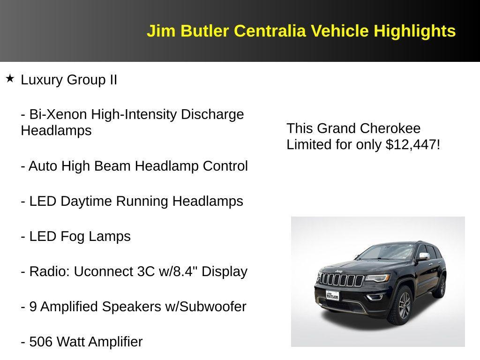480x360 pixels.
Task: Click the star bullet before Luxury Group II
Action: [x=10, y=79]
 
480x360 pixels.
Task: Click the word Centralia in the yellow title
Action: [x=270, y=31]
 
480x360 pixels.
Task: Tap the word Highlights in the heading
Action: [x=414, y=31]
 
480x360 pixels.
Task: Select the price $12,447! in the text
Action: [x=412, y=145]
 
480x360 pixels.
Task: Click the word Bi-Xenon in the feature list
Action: [x=58, y=114]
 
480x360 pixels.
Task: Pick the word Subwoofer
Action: [x=213, y=307]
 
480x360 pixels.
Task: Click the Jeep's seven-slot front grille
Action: [x=341, y=280]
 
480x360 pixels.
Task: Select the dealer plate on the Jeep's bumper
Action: [x=332, y=295]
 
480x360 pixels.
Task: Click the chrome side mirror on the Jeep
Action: [x=424, y=256]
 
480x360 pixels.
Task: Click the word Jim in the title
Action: [x=161, y=31]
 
